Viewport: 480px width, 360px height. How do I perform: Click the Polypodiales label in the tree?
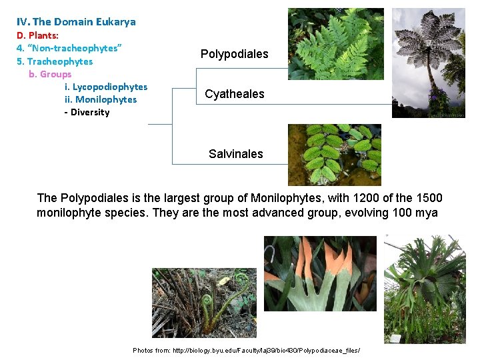point(234,54)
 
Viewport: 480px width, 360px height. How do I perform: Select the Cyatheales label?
point(234,94)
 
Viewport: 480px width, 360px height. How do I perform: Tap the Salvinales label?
point(235,154)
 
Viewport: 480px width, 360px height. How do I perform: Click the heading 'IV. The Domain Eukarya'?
point(76,21)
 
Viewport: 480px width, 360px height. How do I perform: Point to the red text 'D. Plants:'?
point(37,35)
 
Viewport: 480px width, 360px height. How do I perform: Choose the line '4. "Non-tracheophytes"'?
point(69,48)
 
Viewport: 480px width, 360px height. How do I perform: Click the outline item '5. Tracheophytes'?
point(55,61)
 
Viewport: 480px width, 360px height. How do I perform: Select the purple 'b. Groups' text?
point(50,74)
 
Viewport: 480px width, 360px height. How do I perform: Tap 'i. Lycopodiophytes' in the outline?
point(105,87)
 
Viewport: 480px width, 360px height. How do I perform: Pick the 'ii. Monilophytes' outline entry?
point(100,99)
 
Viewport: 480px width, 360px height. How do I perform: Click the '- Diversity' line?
point(87,112)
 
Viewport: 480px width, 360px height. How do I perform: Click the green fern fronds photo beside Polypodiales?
point(335,44)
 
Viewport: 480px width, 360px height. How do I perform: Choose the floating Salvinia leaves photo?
point(334,155)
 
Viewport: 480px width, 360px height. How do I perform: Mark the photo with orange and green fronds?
point(320,273)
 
